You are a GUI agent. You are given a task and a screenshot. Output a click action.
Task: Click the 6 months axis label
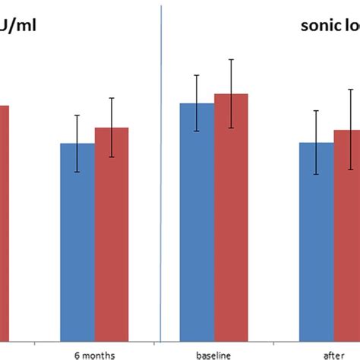(x=95, y=353)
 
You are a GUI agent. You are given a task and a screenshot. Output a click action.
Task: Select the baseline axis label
(x=214, y=353)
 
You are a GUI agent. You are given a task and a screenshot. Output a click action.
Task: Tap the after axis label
(x=333, y=353)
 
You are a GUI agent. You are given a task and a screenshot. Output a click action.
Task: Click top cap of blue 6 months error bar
(x=77, y=115)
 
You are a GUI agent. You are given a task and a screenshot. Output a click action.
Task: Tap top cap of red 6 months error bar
(x=112, y=98)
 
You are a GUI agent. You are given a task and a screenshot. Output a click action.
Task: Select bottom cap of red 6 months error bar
(x=112, y=157)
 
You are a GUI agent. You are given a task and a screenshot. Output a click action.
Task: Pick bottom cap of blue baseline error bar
(x=197, y=131)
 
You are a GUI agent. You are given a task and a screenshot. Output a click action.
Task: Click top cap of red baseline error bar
(x=231, y=59)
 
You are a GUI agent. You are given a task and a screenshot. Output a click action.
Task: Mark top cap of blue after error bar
(x=316, y=111)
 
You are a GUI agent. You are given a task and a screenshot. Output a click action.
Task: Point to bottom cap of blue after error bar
(x=316, y=175)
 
